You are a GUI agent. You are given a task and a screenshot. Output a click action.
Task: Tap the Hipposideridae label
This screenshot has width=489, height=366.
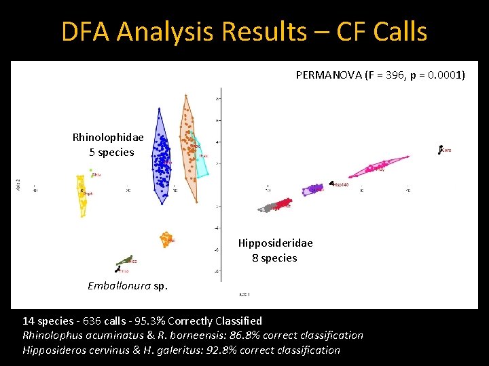tap(275, 243)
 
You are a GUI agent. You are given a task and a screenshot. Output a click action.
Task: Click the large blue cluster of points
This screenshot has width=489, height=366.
tap(161, 159)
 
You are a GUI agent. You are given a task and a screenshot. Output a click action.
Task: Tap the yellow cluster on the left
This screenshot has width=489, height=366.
tap(82, 193)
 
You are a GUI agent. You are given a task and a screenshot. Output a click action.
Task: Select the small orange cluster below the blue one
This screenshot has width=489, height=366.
tap(166, 239)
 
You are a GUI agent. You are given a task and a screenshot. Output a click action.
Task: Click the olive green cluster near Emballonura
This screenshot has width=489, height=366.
tap(124, 260)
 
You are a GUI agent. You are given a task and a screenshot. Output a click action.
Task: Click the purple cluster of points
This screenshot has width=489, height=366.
tap(313, 189)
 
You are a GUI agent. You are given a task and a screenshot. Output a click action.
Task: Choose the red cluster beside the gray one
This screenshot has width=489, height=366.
tap(284, 204)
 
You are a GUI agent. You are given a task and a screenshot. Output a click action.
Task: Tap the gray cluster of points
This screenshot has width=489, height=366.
tap(268, 207)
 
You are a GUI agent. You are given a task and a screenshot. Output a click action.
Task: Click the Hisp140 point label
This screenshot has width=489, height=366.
tap(341, 184)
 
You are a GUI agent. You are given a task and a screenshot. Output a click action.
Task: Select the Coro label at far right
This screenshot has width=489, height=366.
tap(446, 150)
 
